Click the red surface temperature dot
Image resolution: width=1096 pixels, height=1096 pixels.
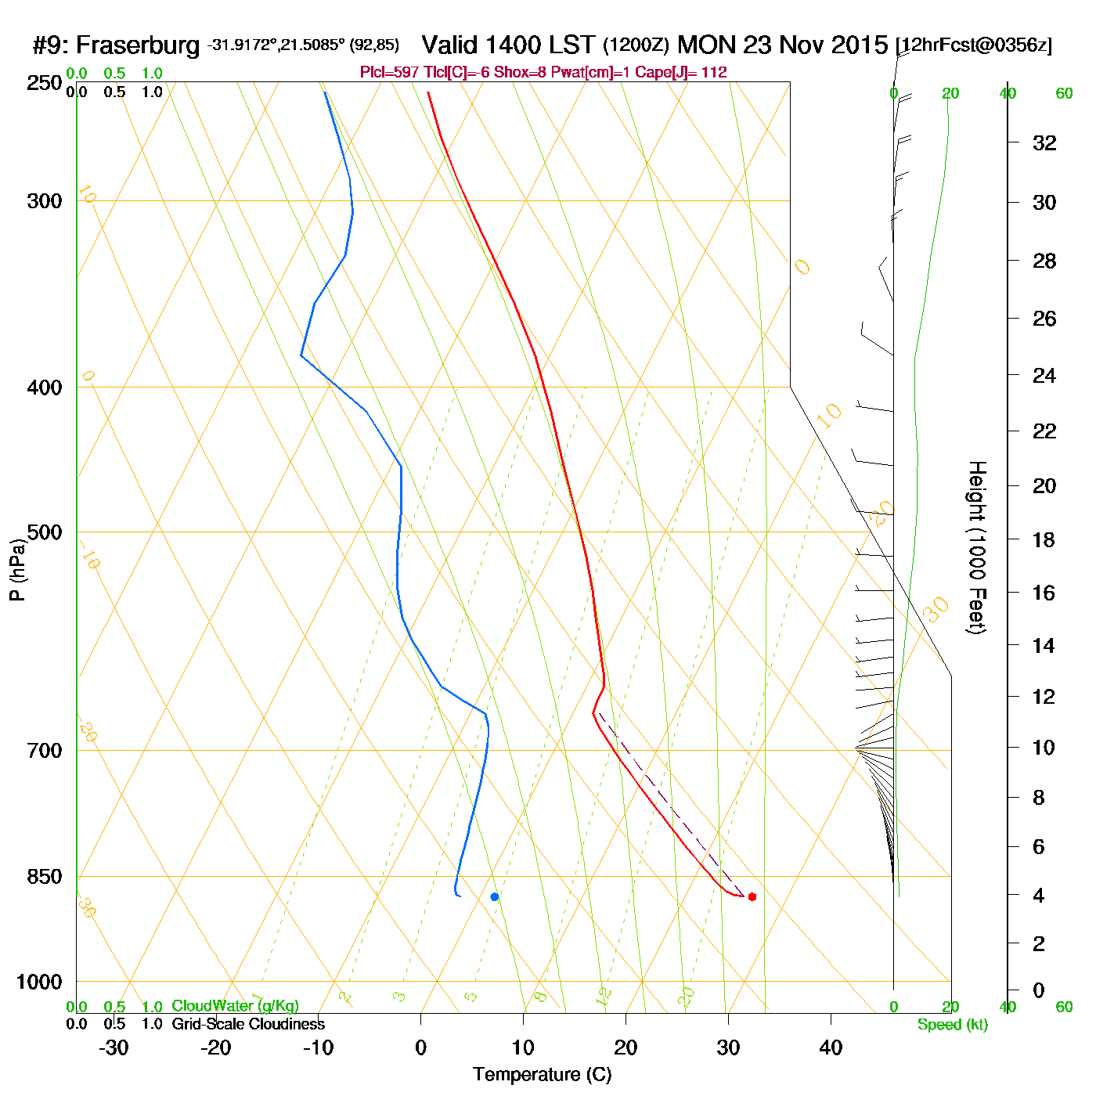point(752,896)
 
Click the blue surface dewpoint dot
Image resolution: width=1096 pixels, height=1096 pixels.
point(494,896)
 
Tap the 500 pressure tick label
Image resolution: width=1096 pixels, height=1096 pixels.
point(45,532)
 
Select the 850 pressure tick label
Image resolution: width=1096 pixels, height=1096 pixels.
point(45,877)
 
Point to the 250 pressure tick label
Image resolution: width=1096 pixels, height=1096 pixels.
point(45,83)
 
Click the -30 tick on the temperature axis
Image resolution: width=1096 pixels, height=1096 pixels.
point(114,1047)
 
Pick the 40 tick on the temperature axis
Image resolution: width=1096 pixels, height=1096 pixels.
point(831,1047)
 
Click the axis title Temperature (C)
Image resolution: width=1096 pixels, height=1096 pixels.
point(542,1074)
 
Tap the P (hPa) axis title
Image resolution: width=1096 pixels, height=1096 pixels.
point(17,569)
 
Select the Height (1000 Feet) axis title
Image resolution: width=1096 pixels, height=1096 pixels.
point(976,547)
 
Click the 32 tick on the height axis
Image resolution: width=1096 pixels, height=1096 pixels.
point(1044,142)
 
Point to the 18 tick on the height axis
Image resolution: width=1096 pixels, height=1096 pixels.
point(1044,539)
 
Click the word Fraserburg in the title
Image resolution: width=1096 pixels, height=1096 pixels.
point(138,45)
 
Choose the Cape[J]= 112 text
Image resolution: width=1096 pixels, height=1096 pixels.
point(693,73)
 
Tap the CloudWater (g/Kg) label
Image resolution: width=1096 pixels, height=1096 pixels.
point(235,1006)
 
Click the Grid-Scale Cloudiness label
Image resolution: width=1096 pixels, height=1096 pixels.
point(248,1024)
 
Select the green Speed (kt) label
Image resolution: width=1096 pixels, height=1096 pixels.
point(952,1025)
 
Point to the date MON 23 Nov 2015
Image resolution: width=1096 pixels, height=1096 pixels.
point(782,45)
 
